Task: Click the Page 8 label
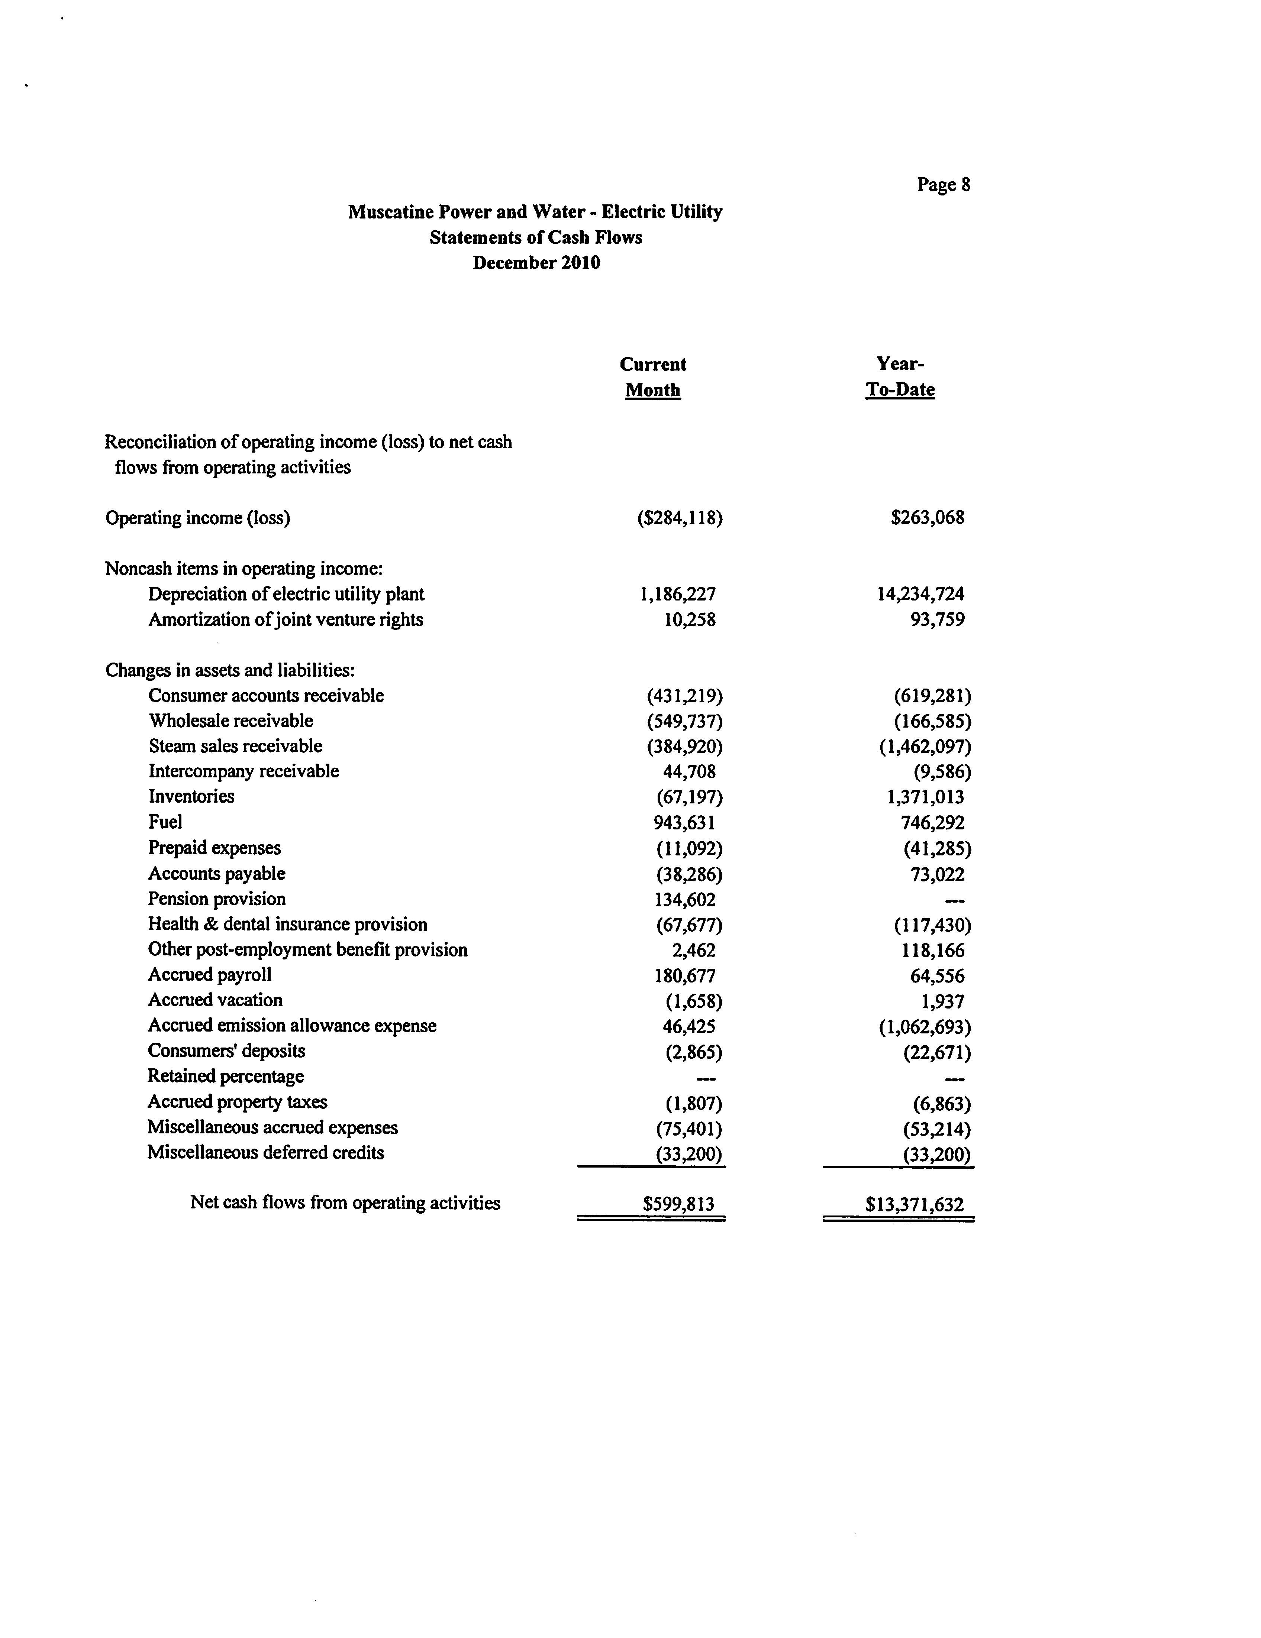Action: (943, 185)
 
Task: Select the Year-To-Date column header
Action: (900, 376)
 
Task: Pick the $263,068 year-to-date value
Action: (927, 518)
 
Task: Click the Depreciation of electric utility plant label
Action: (286, 594)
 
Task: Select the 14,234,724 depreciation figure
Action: (920, 594)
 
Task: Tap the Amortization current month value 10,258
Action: (689, 619)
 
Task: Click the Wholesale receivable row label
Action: (230, 721)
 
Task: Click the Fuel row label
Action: (165, 822)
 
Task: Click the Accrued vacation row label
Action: (215, 1000)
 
